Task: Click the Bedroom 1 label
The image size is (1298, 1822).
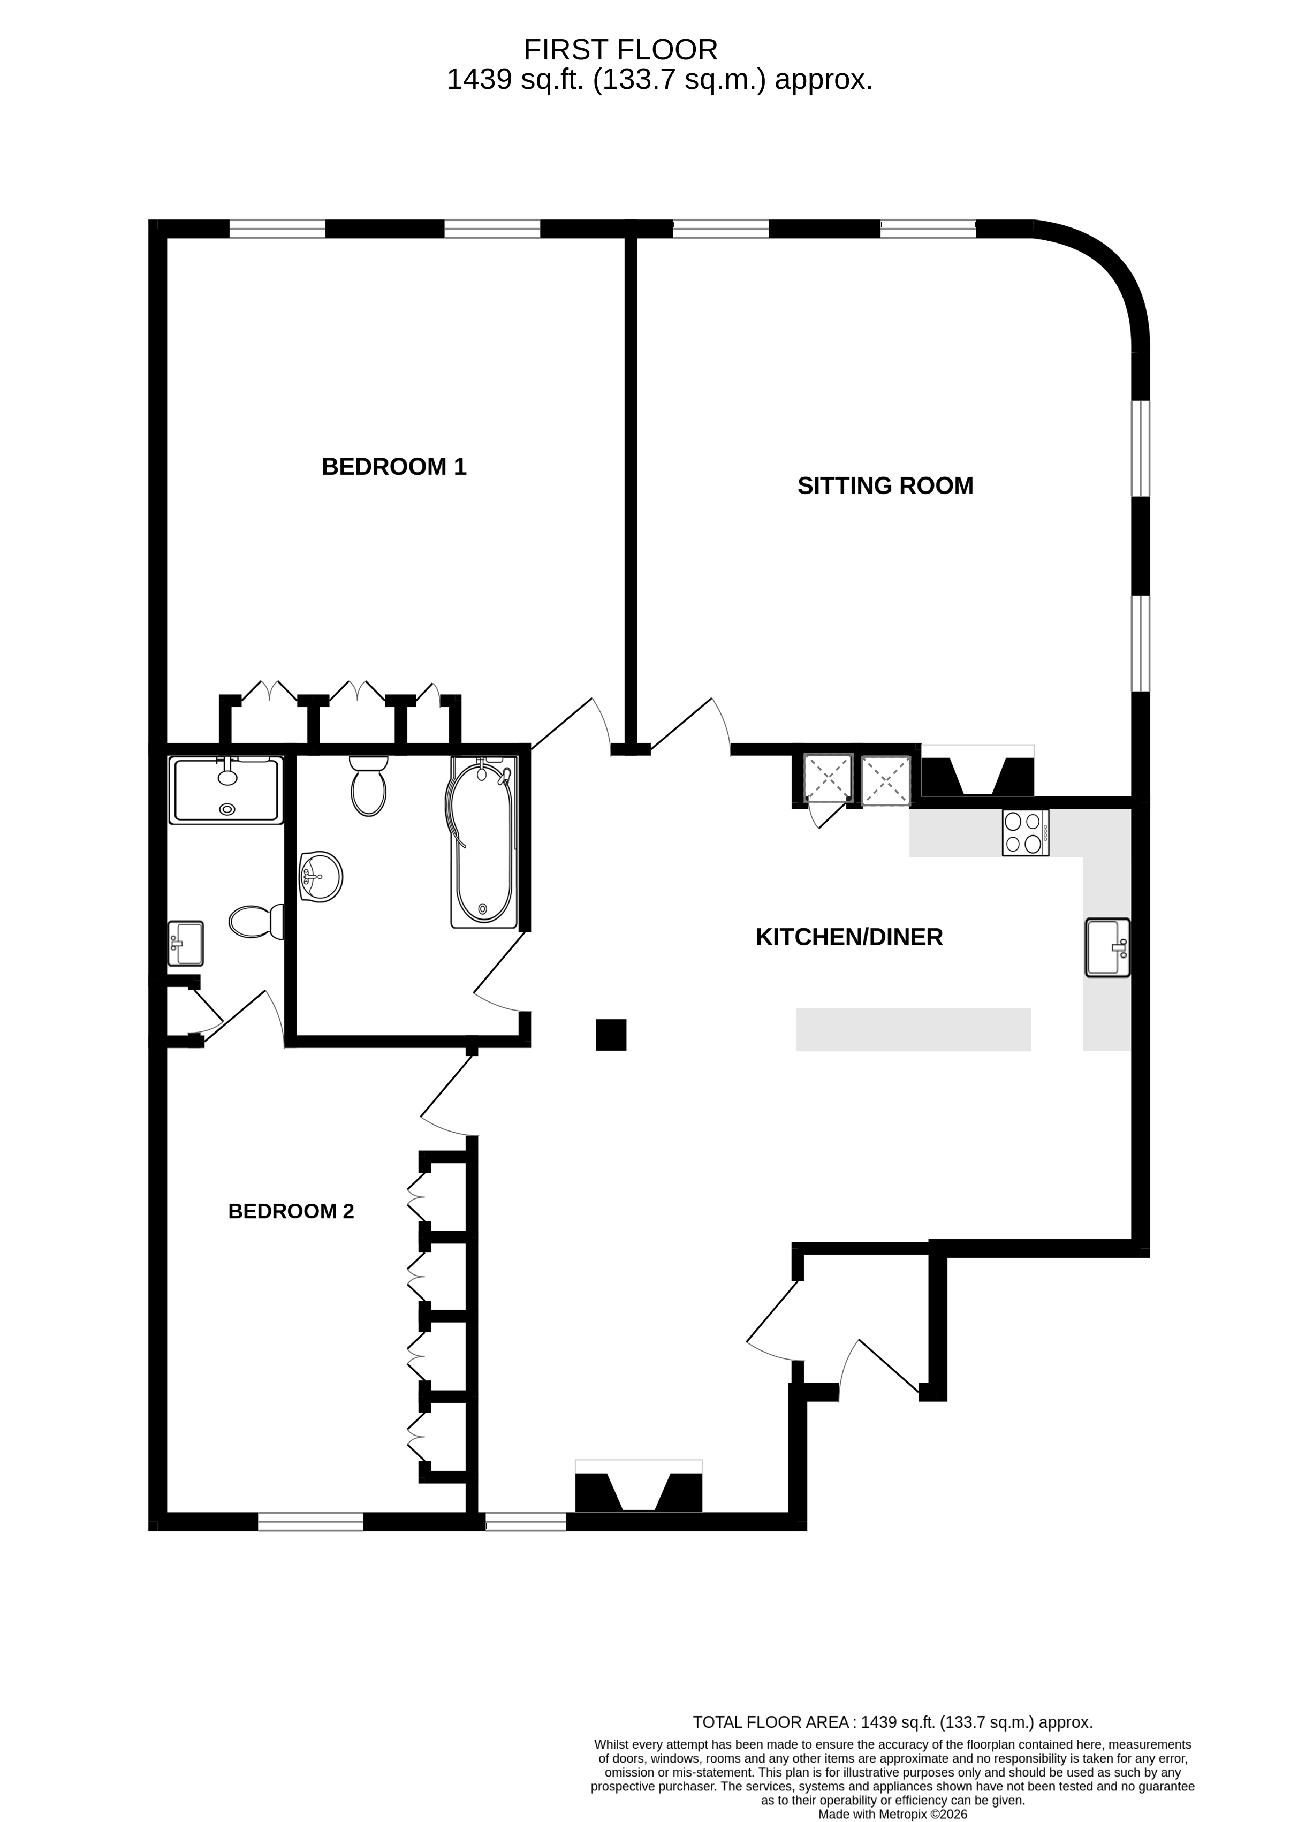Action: pos(394,467)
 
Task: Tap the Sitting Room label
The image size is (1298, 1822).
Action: pos(885,486)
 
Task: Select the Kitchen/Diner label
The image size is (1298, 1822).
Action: pos(849,937)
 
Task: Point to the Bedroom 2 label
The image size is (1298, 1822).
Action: pos(291,1211)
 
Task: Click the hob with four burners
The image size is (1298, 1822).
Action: pos(1026,833)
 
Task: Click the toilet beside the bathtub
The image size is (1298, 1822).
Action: pos(368,786)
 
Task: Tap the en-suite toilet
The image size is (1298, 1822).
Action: pos(256,921)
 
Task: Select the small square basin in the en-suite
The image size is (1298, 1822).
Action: pos(185,943)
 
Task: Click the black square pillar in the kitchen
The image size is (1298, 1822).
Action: pos(611,1035)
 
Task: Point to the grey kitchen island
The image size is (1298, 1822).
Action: pos(914,1029)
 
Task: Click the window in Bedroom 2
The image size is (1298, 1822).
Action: pos(311,1522)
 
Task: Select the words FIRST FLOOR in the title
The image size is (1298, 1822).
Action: pos(620,50)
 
